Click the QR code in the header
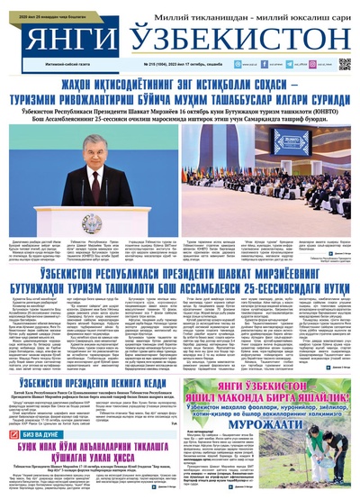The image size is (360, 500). click(x=344, y=64)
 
